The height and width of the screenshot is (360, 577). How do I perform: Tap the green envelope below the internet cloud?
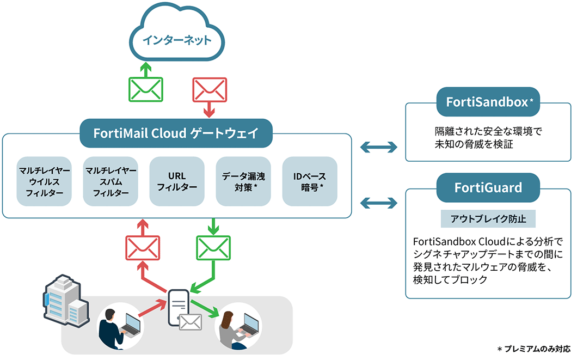[145, 89]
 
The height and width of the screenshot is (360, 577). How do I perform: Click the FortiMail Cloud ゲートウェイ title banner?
[176, 133]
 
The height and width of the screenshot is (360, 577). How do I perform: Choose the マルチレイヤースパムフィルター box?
[111, 181]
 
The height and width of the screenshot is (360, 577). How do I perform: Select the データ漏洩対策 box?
[243, 181]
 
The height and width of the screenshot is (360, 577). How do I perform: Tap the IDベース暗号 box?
[309, 181]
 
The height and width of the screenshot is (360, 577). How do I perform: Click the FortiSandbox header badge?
[488, 102]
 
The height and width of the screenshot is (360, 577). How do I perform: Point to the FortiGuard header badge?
[488, 188]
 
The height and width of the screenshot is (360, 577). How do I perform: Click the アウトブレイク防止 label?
[488, 219]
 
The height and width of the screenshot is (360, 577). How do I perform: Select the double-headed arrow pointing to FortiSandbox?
[380, 147]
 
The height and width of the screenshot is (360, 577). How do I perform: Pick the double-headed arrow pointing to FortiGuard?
[380, 203]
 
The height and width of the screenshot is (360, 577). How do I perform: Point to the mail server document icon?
[179, 308]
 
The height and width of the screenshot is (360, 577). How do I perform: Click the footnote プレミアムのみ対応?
[534, 349]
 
